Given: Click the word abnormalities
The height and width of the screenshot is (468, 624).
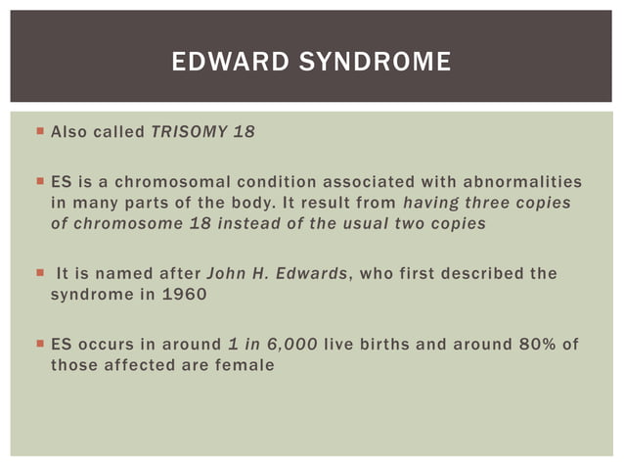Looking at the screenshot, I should tap(524, 182).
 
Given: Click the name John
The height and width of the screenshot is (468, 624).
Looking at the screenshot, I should tap(224, 274).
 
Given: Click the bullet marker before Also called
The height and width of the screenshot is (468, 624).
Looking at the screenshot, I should tap(38, 130).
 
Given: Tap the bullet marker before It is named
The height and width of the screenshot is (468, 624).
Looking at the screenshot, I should tap(38, 273).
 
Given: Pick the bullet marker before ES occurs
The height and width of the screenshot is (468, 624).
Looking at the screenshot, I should tap(38, 344).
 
